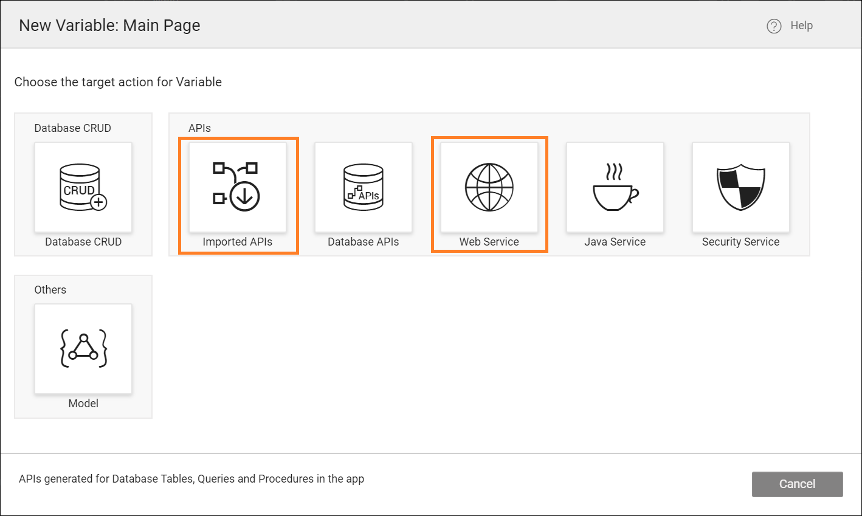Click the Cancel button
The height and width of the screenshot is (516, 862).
point(797,484)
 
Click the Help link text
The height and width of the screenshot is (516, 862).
point(801,26)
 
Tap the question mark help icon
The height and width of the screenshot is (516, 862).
point(774,26)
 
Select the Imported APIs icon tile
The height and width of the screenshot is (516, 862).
point(237,187)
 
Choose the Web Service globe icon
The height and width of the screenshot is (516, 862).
point(489,187)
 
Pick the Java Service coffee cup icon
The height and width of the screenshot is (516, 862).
point(615,187)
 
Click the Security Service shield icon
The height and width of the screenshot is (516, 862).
point(740,187)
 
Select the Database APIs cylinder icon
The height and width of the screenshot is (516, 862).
point(364,187)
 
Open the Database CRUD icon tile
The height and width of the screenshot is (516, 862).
point(83,187)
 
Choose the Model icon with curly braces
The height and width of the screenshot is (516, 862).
point(83,348)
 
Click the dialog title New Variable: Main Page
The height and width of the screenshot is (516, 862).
point(109,26)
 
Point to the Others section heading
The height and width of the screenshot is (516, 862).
point(50,290)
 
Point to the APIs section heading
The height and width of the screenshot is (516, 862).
point(199,128)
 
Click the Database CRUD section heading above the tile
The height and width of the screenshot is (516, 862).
point(72,128)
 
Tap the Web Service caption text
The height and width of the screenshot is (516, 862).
point(489,242)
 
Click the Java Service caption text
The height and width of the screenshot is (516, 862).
point(615,242)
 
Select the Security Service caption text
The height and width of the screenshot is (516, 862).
point(740,242)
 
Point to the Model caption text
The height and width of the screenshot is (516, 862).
point(83,404)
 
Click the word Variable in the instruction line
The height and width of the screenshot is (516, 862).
point(199,82)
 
